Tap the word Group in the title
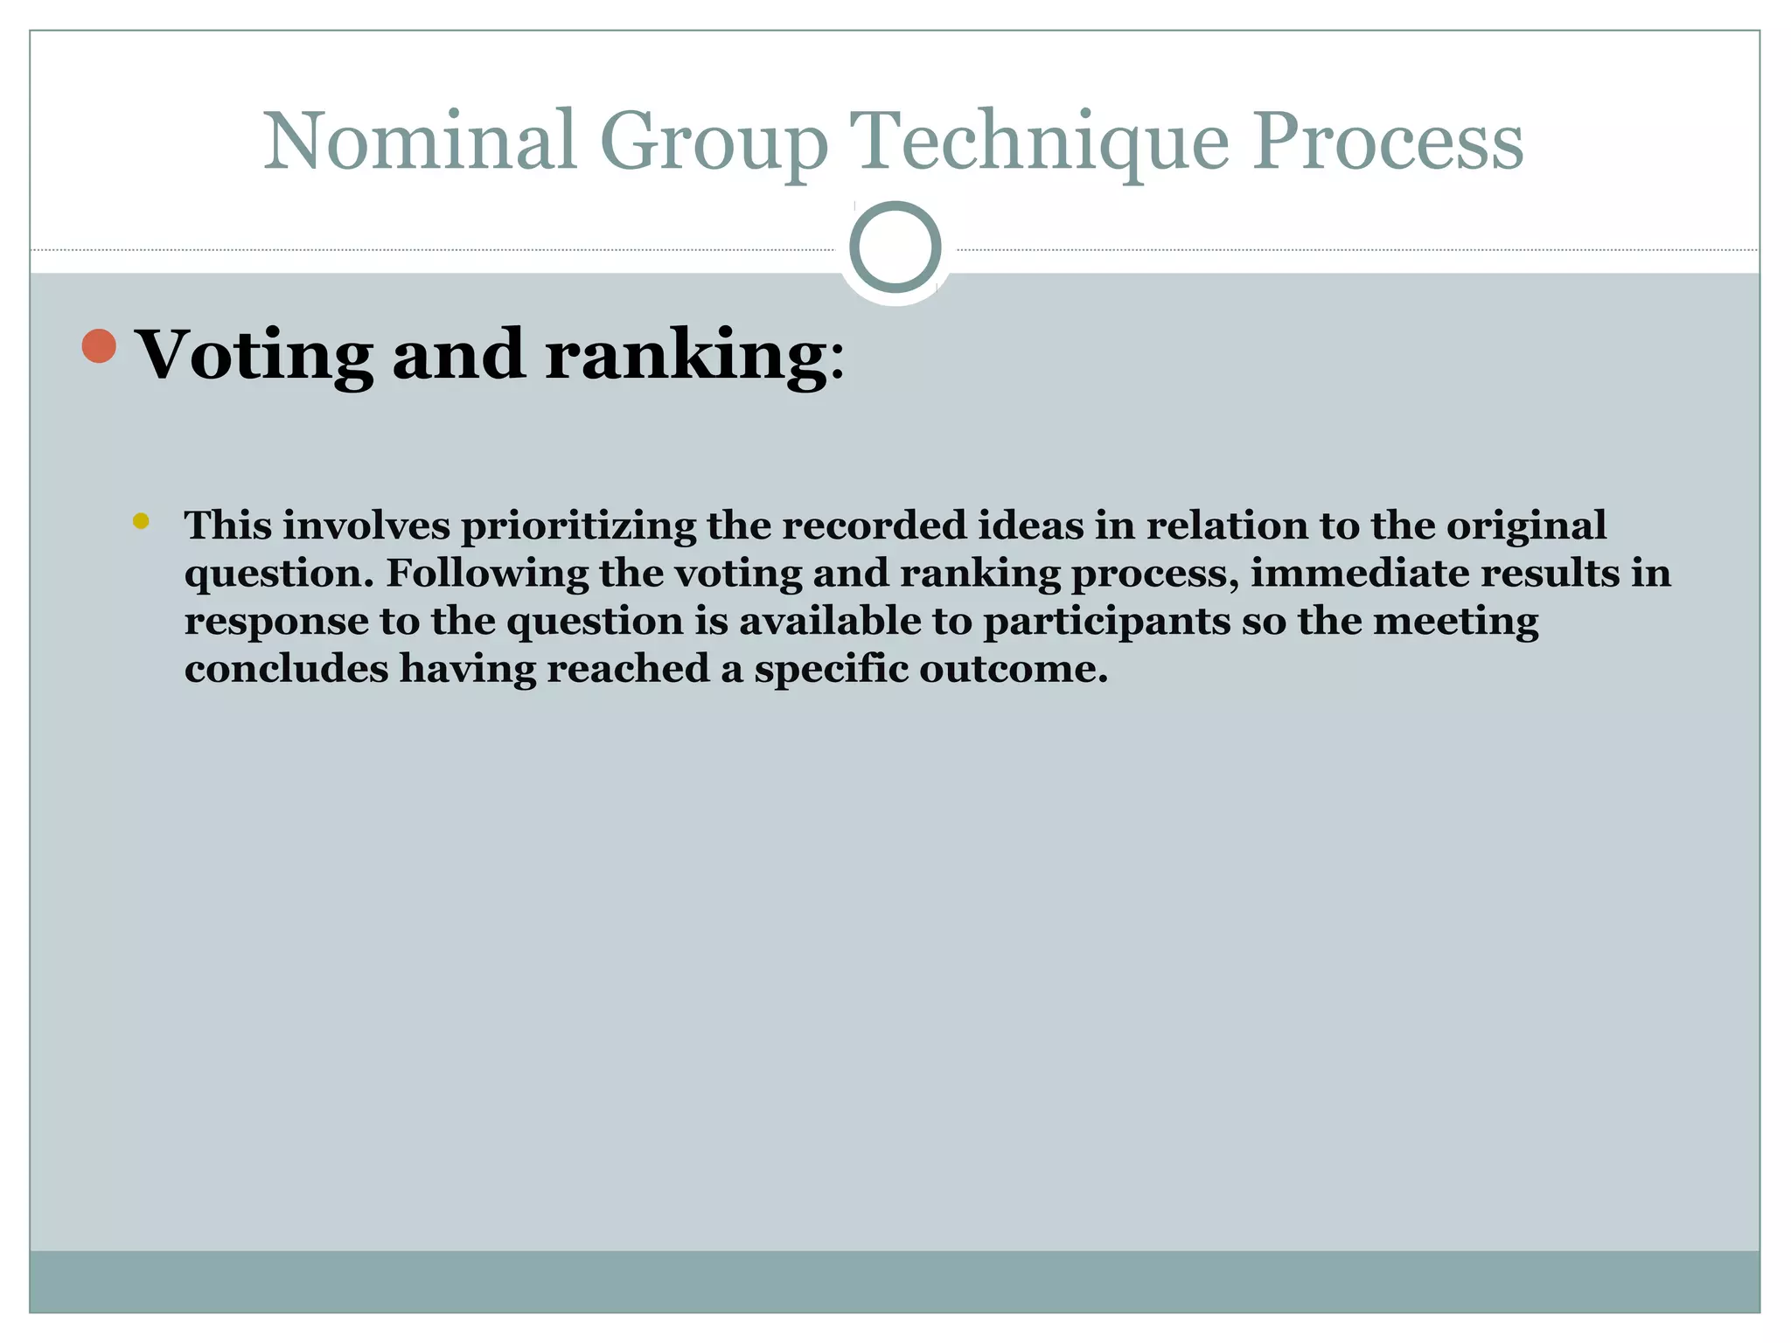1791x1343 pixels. pyautogui.click(x=713, y=143)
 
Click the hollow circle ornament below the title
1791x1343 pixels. pyautogui.click(x=895, y=247)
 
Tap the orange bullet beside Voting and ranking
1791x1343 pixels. pyautogui.click(x=99, y=346)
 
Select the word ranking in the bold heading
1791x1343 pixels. pyautogui.click(x=685, y=356)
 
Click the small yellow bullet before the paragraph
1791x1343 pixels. pyautogui.click(x=141, y=522)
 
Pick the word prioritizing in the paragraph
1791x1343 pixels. pyautogui.click(x=578, y=526)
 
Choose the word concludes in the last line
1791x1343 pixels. pyautogui.click(x=286, y=669)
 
